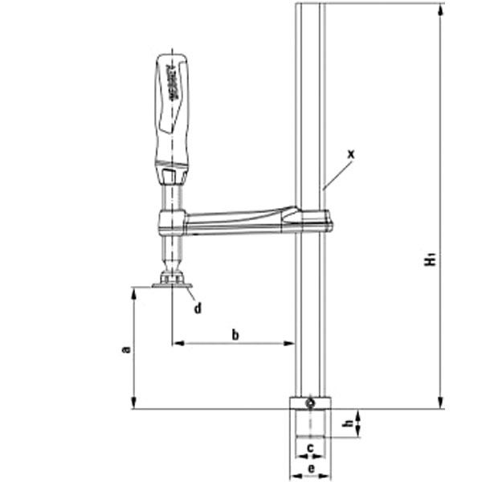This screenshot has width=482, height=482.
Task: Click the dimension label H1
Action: tap(432, 259)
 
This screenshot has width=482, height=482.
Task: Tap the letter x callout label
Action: tap(352, 152)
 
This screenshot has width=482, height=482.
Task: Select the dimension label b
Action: tap(235, 334)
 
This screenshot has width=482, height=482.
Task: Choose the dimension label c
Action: tap(309, 447)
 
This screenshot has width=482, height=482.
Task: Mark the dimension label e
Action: tap(310, 468)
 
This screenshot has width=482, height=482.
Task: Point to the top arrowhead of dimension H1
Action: tap(441, 10)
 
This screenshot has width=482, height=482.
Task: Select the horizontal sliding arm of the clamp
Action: tap(241, 220)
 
